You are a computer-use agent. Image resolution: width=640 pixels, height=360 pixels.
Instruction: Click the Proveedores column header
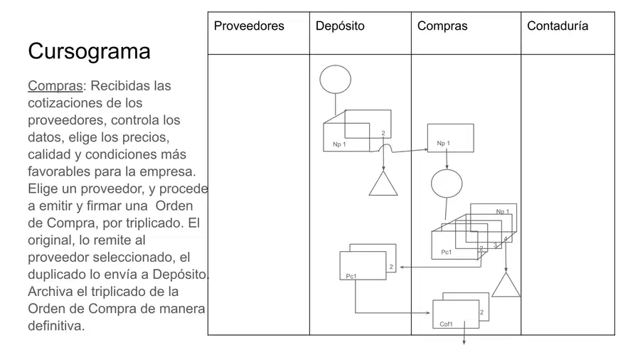pyautogui.click(x=249, y=26)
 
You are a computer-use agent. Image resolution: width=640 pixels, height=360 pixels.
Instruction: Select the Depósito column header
pyautogui.click(x=340, y=26)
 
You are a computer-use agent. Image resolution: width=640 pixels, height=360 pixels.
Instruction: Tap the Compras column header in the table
pyautogui.click(x=442, y=26)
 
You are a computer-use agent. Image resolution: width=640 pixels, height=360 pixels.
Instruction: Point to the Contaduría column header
pyautogui.click(x=558, y=26)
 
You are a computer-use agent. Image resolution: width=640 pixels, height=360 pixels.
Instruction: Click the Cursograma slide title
pyautogui.click(x=89, y=51)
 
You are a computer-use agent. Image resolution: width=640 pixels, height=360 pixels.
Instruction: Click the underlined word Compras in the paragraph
pyautogui.click(x=55, y=86)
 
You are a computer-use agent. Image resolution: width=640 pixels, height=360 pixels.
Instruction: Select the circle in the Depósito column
pyautogui.click(x=335, y=79)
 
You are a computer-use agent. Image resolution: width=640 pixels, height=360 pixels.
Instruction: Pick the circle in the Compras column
pyautogui.click(x=447, y=184)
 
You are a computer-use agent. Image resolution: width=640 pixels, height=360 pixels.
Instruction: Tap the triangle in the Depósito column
pyautogui.click(x=383, y=184)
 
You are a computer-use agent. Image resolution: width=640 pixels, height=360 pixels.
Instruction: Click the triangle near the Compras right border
pyautogui.click(x=506, y=285)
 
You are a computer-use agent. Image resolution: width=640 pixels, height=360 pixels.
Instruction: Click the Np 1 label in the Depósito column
pyautogui.click(x=339, y=144)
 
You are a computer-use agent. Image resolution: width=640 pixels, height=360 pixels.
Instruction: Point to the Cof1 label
pyautogui.click(x=446, y=324)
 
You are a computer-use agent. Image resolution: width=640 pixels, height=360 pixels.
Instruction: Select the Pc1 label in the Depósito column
pyautogui.click(x=351, y=276)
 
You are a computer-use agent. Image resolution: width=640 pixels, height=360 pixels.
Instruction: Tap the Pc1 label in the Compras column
pyautogui.click(x=446, y=253)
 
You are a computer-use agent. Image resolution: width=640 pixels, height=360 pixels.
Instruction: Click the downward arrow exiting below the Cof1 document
pyautogui.click(x=464, y=333)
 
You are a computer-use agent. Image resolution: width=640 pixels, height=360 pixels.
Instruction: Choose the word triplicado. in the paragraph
pyautogui.click(x=160, y=223)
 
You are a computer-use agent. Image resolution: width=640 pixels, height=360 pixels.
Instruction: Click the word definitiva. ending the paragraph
pyautogui.click(x=56, y=326)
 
